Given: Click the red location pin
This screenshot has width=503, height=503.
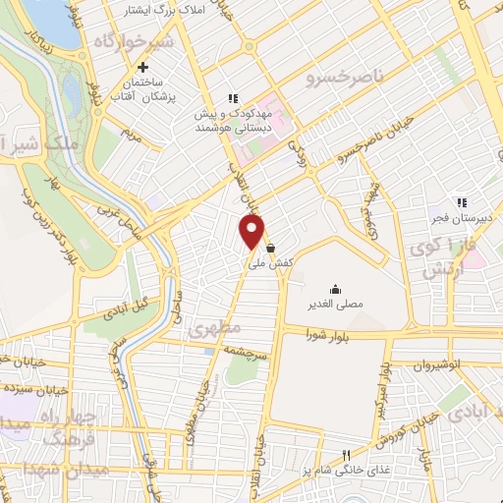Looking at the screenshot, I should [252, 232].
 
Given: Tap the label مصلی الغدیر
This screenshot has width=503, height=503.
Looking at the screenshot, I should [336, 305].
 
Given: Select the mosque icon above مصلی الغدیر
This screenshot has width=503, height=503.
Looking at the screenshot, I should [336, 289].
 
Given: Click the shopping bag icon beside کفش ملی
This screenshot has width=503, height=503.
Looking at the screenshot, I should [270, 249].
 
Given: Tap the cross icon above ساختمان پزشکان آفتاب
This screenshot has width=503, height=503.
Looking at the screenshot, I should [143, 68].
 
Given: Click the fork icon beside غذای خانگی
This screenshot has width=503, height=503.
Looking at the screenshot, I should [345, 455].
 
